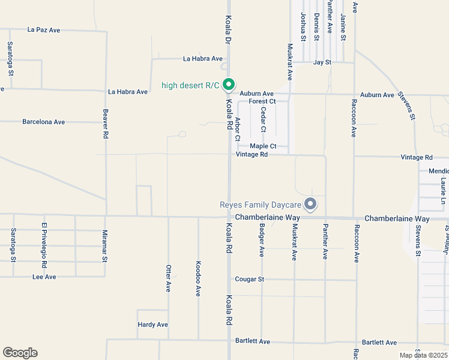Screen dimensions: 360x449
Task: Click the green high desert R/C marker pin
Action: [228, 85]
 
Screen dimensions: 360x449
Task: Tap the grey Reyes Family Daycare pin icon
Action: [310, 205]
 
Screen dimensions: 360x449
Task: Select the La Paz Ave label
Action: [44, 29]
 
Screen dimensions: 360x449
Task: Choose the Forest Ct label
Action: [262, 101]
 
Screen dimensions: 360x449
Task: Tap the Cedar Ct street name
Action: [263, 120]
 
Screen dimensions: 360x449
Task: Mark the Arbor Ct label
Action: [238, 129]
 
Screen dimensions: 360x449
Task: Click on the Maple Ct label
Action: [263, 146]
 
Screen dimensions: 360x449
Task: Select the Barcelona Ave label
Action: [43, 122]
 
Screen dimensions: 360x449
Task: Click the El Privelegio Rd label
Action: [44, 245]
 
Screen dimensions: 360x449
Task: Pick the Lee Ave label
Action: [44, 277]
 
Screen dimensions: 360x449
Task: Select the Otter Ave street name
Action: [168, 278]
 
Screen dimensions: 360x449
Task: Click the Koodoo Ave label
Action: [198, 278]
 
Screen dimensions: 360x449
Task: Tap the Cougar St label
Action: [250, 280]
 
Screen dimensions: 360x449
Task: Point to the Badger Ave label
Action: [262, 240]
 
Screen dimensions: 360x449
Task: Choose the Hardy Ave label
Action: [153, 325]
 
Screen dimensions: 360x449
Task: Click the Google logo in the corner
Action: [20, 353]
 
